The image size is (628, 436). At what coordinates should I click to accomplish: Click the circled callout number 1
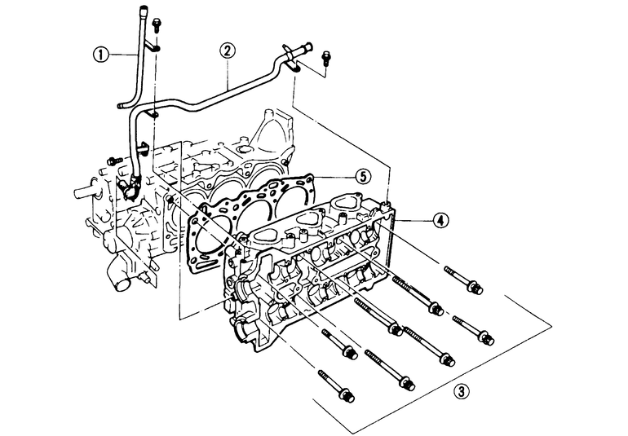100,54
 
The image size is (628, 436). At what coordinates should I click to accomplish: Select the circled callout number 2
227,51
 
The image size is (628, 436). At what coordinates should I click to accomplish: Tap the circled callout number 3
462,390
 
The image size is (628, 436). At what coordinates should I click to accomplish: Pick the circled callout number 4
440,220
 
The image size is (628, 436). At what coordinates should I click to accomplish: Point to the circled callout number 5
363,177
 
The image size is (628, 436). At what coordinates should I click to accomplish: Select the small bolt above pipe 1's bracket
156,25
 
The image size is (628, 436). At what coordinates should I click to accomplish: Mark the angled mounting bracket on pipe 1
151,46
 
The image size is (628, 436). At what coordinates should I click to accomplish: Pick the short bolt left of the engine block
114,161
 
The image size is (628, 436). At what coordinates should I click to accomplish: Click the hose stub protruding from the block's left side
85,193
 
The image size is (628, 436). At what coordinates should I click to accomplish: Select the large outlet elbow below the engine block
119,277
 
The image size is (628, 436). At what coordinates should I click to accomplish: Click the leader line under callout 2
228,73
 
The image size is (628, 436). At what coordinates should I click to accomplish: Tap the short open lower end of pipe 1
122,107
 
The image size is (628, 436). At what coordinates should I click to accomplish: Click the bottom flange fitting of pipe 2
128,187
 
